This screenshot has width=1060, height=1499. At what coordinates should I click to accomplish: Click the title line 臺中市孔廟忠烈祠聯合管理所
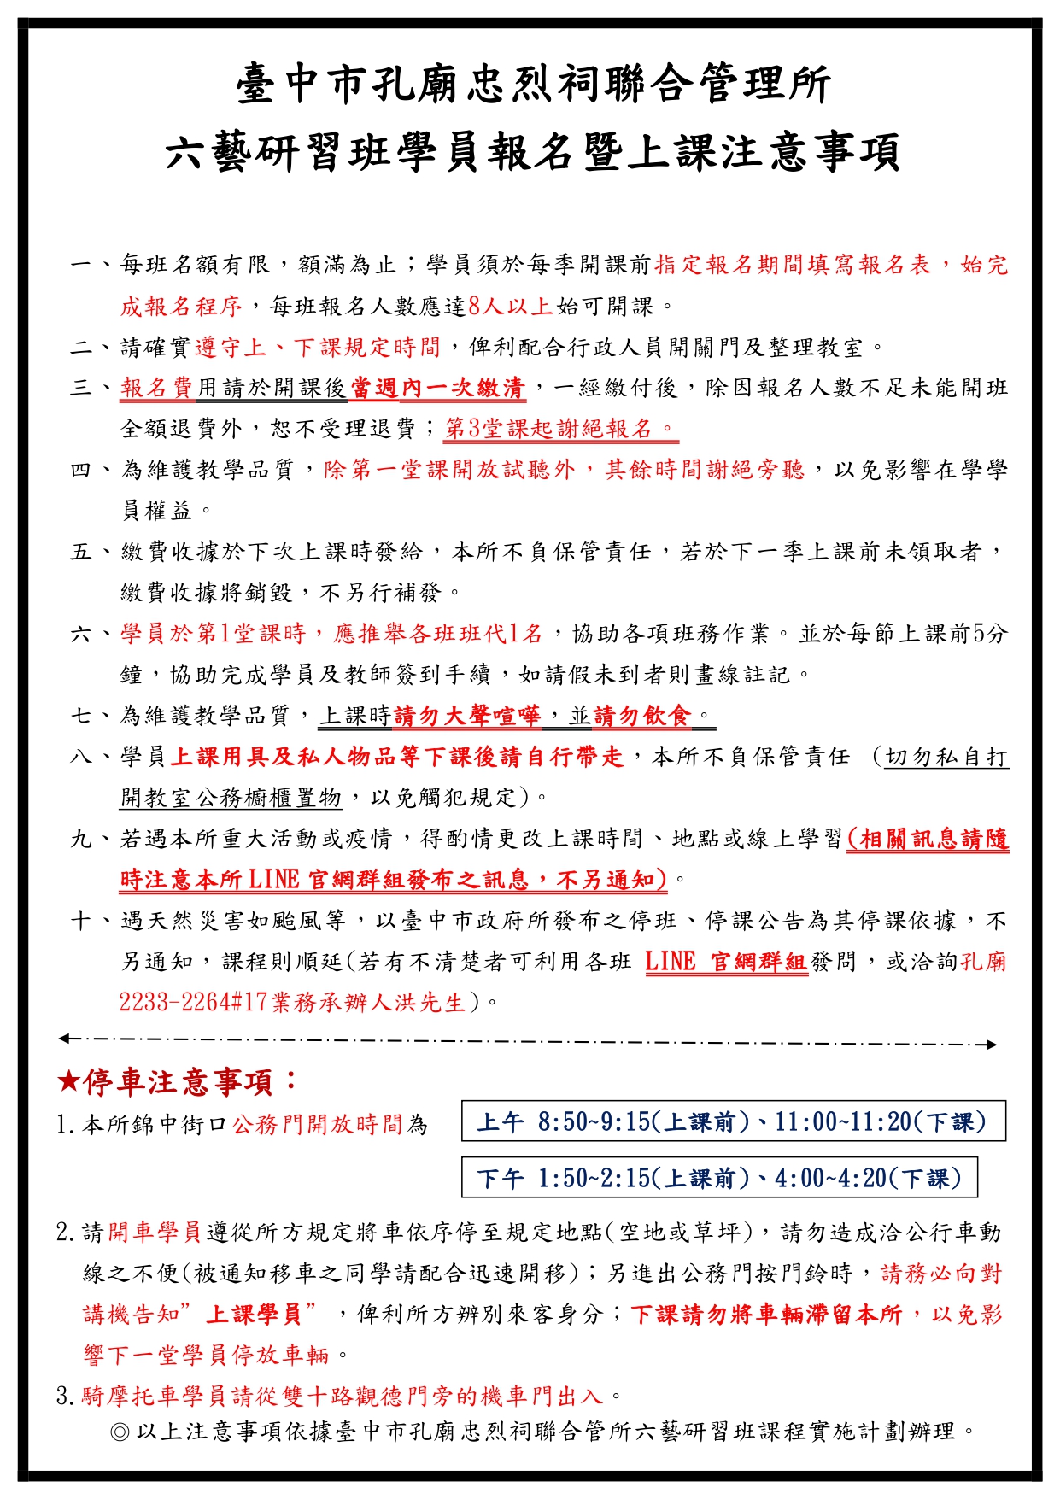534,85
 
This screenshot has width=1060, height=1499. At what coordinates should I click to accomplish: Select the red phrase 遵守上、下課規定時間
318,347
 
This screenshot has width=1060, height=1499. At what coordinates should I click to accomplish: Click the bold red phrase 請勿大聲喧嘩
466,715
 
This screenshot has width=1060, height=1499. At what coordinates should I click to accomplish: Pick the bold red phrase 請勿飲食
641,715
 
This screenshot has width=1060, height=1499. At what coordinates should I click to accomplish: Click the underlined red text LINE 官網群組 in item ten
726,962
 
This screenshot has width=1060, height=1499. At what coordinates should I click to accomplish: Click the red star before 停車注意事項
67,1082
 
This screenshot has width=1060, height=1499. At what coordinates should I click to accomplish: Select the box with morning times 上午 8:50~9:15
733,1121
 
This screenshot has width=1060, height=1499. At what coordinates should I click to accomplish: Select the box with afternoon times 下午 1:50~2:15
719,1178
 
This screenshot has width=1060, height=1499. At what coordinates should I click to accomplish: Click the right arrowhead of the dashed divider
990,1044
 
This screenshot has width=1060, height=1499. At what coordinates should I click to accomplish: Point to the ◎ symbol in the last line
120,1431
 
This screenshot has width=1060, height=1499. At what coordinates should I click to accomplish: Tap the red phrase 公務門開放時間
319,1124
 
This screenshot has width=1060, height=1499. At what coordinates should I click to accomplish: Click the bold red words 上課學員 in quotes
253,1314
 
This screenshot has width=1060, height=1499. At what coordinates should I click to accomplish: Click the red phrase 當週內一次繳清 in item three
437,388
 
